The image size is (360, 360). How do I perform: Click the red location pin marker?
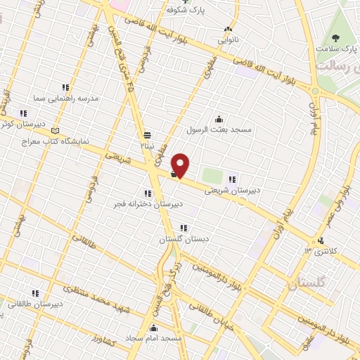pos(181,165)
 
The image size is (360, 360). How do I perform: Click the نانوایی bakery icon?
pos(227,30)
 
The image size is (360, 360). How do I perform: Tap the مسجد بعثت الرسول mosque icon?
pos(219,119)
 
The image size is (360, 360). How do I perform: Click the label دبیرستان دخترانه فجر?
pos(148,204)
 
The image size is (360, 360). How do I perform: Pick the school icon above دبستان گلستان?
pos(184,229)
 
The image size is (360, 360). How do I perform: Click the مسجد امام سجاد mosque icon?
pos(155,327)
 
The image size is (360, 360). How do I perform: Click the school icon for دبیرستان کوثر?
pos(23,112)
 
